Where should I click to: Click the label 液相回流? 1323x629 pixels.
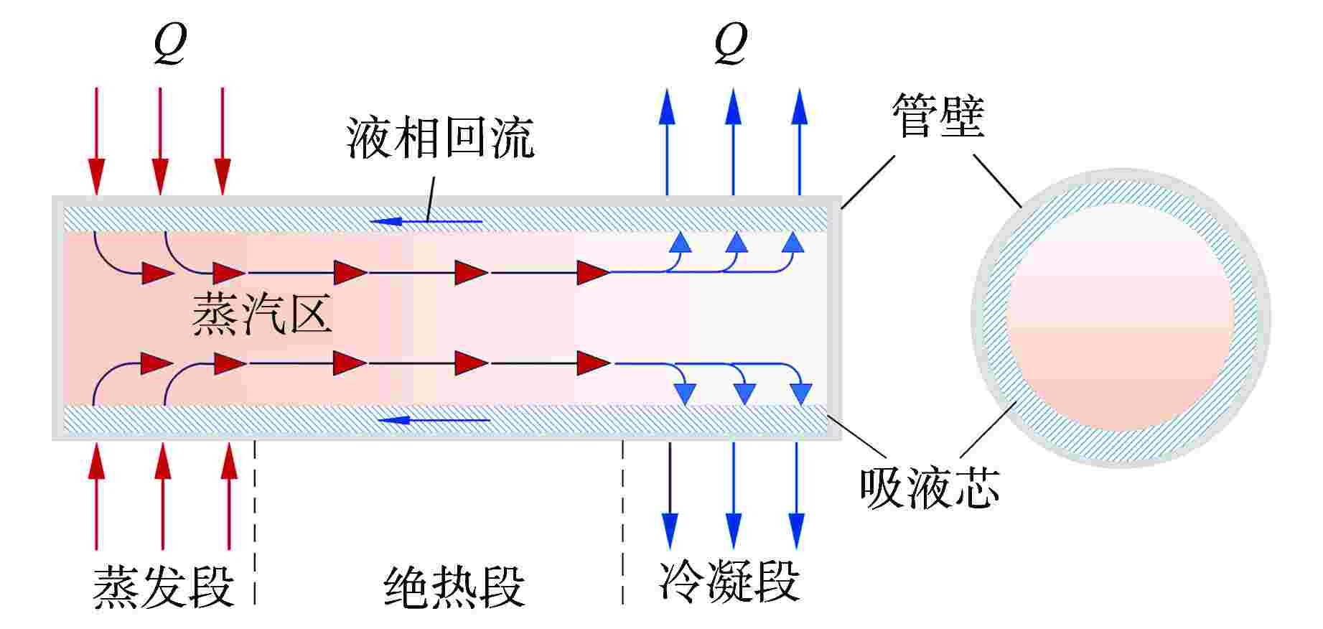(440, 138)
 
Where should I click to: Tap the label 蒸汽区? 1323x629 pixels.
(262, 315)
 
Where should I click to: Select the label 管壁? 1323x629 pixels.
(937, 116)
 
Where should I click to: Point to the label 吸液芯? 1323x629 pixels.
(929, 488)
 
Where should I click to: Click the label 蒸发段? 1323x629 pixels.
(164, 587)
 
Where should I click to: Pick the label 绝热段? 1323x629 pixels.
(454, 587)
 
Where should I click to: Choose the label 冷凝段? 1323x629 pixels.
(729, 582)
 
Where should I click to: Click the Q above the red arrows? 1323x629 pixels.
(170, 45)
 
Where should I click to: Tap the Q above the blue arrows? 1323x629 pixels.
(731, 45)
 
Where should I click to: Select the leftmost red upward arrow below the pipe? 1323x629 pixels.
(96, 495)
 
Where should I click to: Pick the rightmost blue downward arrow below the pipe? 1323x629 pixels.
(796, 495)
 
